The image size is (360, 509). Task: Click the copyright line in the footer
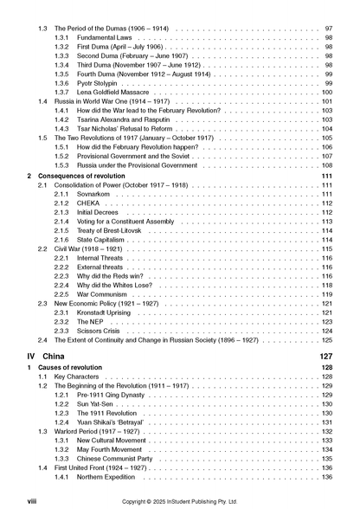[x=178, y=500]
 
